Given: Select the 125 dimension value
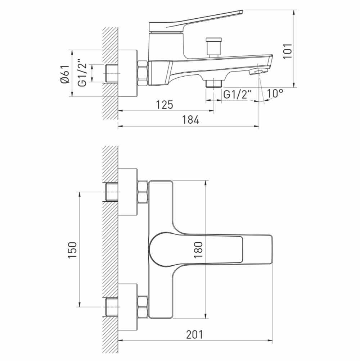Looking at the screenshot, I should coord(165,105).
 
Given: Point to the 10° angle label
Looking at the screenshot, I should coord(275,94).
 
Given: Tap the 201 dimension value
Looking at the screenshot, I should coord(195,335).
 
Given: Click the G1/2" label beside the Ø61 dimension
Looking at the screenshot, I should coord(83,74).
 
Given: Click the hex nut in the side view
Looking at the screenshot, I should coord(143,73).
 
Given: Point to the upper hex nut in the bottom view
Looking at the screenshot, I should coord(143,192).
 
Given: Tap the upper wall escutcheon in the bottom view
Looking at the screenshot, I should coord(127,192).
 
